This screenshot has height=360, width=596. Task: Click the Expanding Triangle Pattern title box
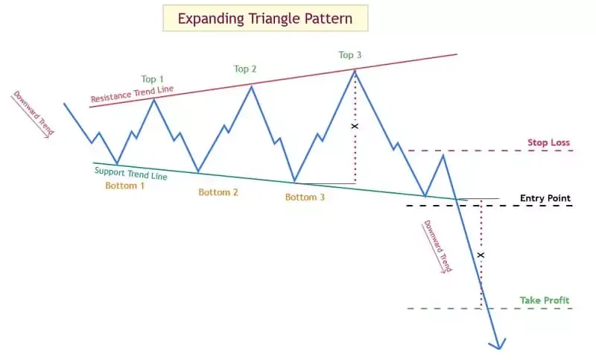click(265, 18)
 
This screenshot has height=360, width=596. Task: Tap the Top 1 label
click(153, 79)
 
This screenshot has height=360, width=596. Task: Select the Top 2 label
click(245, 69)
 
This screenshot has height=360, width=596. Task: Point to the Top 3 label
click(349, 55)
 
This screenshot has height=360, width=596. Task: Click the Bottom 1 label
click(124, 186)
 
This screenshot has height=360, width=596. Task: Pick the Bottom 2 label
click(218, 192)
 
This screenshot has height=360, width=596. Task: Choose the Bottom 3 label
click(305, 197)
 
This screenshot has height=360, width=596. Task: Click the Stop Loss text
click(548, 142)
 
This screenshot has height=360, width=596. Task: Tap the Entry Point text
click(545, 198)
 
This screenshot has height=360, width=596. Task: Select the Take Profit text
click(545, 300)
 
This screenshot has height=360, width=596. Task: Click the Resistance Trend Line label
click(132, 94)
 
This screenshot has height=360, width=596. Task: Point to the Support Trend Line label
click(131, 174)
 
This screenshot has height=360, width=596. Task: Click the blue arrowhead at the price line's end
click(498, 344)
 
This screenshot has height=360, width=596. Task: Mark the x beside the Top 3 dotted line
click(355, 126)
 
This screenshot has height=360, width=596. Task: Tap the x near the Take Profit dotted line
click(481, 255)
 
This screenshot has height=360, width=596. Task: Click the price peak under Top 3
click(355, 70)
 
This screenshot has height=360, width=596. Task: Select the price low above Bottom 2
click(198, 171)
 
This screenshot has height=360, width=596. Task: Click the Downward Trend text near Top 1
click(34, 113)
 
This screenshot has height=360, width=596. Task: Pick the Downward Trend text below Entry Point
click(437, 247)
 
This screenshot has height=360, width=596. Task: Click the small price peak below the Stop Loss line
click(443, 155)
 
